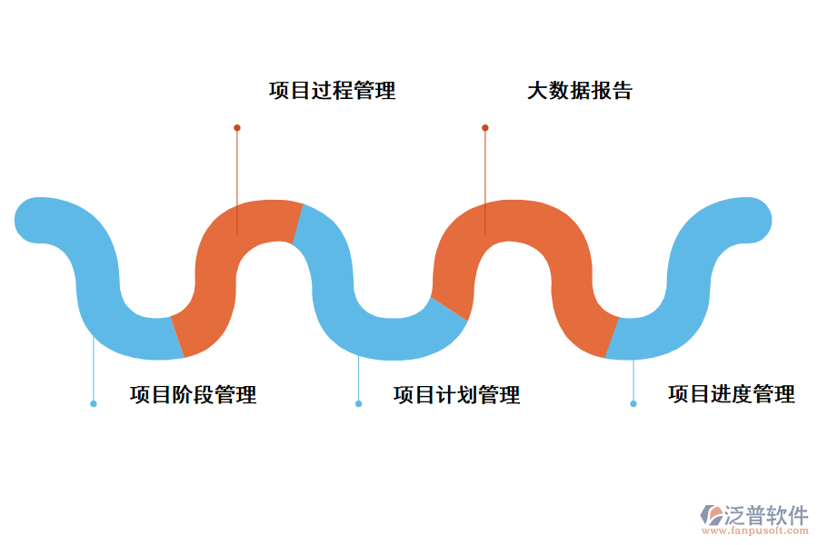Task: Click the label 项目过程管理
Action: pos(332,91)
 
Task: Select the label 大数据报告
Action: pos(579,91)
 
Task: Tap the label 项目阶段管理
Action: pos(193,395)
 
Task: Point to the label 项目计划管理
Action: pos(456,395)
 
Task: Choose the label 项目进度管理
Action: pos(731,394)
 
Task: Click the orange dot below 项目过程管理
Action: pos(237,128)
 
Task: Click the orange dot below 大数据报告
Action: pos(485,128)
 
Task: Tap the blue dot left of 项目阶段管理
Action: pos(94,403)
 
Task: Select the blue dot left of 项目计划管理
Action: pos(358,403)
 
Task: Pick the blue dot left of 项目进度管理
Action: pos(633,403)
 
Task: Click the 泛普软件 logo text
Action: pos(765,515)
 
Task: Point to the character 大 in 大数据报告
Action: pos(537,91)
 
